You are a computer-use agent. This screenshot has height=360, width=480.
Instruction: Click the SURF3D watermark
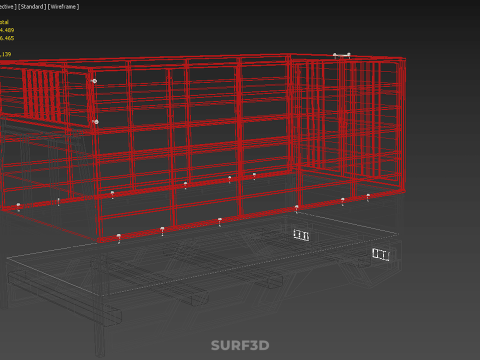click(x=240, y=346)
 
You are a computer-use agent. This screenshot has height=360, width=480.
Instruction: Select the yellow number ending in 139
click(x=6, y=54)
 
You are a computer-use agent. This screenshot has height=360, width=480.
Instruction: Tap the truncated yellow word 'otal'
click(x=4, y=21)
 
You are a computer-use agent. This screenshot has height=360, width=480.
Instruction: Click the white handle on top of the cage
click(x=342, y=55)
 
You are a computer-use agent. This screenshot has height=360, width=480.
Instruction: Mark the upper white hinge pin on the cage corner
click(x=95, y=81)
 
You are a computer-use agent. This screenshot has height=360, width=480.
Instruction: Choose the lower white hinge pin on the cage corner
click(x=96, y=122)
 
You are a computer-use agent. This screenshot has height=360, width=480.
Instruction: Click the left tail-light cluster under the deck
click(x=301, y=236)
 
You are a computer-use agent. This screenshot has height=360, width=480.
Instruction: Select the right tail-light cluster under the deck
click(x=380, y=255)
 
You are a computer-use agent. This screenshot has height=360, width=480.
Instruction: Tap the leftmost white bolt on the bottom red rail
click(x=18, y=206)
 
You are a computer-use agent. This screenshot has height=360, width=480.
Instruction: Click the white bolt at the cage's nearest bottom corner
click(x=119, y=237)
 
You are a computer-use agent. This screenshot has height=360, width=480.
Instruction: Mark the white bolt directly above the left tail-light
click(x=296, y=208)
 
